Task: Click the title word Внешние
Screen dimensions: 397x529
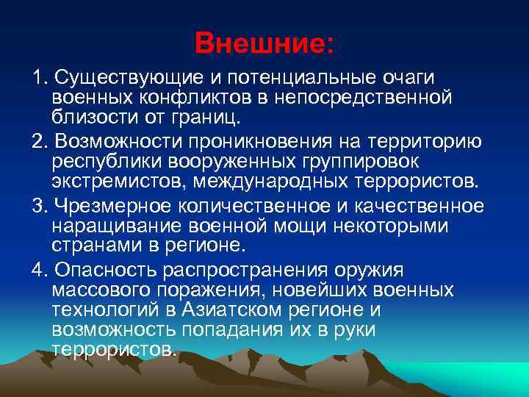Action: pos(264,42)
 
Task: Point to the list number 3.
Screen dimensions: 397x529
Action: pos(37,205)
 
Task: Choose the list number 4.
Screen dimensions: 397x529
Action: pos(37,268)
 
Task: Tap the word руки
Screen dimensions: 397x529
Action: pos(355,329)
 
